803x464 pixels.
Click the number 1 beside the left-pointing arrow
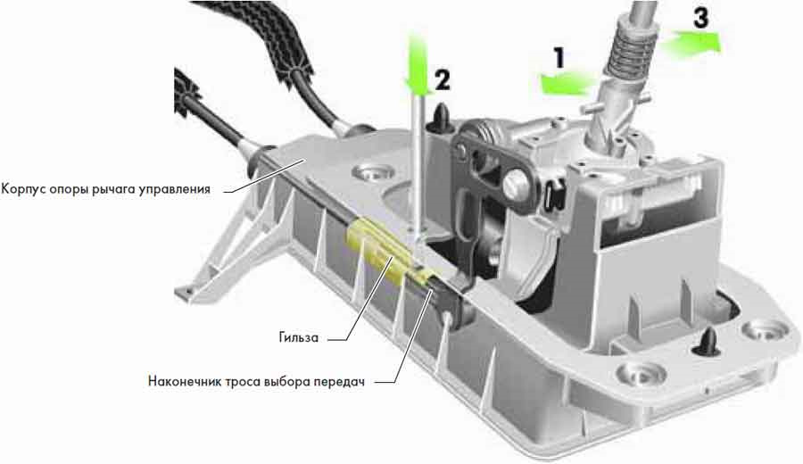pyautogui.click(x=559, y=57)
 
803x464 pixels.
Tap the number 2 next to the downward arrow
pyautogui.click(x=443, y=80)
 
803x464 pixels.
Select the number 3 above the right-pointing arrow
pyautogui.click(x=700, y=18)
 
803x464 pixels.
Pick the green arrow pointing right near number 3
pyautogui.click(x=691, y=41)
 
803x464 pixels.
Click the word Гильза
pyautogui.click(x=299, y=338)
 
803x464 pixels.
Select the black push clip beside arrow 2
pyautogui.click(x=441, y=119)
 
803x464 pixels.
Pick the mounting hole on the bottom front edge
pyautogui.click(x=638, y=374)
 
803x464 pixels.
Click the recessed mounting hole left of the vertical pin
pyautogui.click(x=372, y=173)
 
